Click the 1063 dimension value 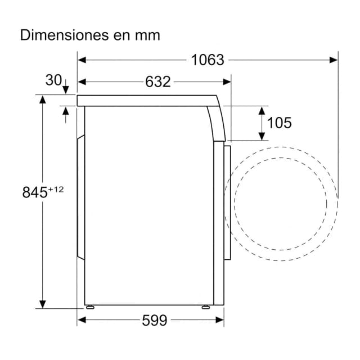point(208,59)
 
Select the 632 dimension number point(157,82)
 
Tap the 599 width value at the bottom point(154,321)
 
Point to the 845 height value point(34,192)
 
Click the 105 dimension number point(279,122)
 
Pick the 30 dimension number point(53,80)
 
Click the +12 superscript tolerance point(56,189)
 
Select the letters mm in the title point(147,35)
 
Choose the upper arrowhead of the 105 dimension point(262,109)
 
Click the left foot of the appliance point(89,307)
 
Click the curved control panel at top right point(217,121)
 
